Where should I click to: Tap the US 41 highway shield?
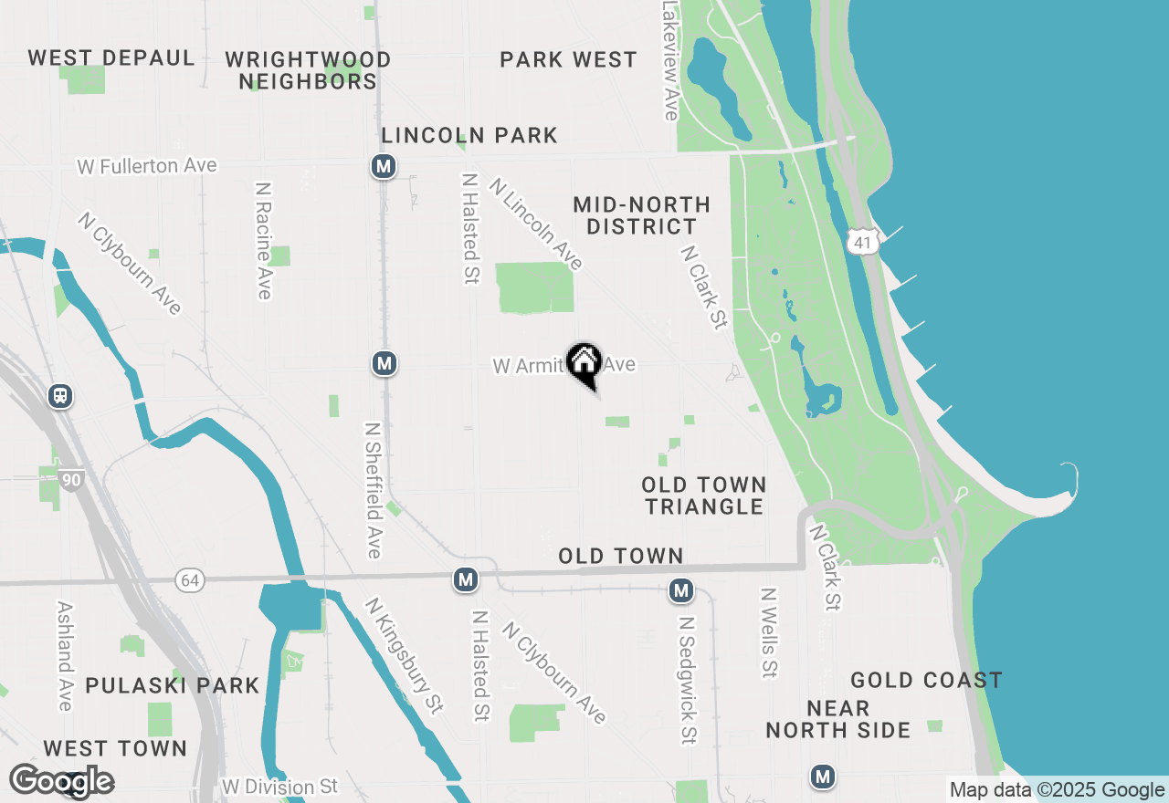click(x=862, y=241)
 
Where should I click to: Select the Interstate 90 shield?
click(x=71, y=478)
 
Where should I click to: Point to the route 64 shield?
click(x=189, y=580)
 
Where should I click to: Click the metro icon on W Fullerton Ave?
click(x=384, y=166)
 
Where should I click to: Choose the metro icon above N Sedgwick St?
click(x=680, y=590)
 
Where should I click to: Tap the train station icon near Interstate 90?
click(x=60, y=396)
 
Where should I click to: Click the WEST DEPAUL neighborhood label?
click(x=111, y=58)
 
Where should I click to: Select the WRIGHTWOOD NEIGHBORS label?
click(x=308, y=70)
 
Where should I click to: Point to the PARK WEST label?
click(x=568, y=60)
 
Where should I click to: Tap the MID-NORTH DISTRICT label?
click(x=641, y=215)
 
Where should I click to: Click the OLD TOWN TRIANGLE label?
click(x=703, y=495)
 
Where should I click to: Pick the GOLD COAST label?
click(x=926, y=680)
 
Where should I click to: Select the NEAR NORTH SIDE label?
click(x=837, y=719)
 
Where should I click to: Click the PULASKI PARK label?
click(x=173, y=685)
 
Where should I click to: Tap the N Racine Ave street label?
click(x=264, y=240)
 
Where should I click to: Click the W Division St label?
click(x=279, y=787)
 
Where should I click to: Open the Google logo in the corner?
click(x=61, y=781)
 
